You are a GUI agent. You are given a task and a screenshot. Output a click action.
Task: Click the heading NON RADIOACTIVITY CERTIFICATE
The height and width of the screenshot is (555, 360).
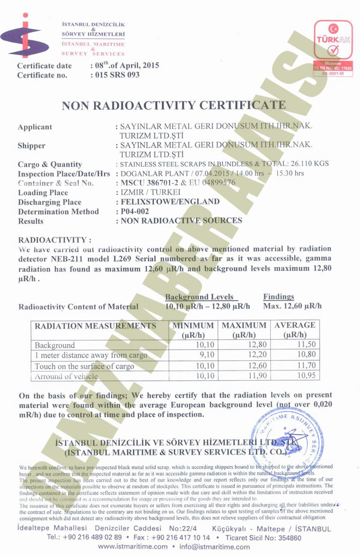(174, 105)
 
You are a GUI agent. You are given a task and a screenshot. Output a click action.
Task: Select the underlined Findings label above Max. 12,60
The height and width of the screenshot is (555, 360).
(278, 297)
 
